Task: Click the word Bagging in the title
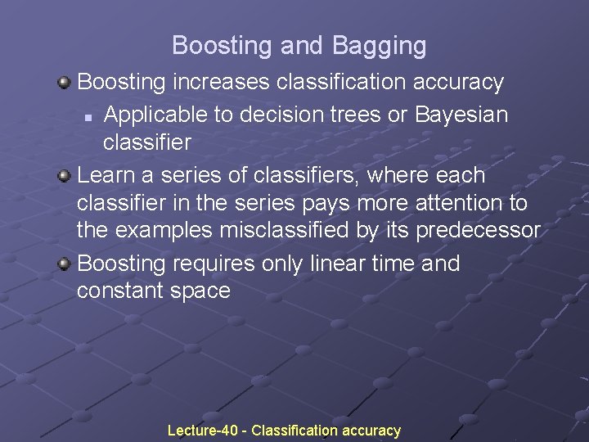click(x=380, y=46)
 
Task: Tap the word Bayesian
click(x=461, y=115)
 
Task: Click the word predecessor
click(x=479, y=231)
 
